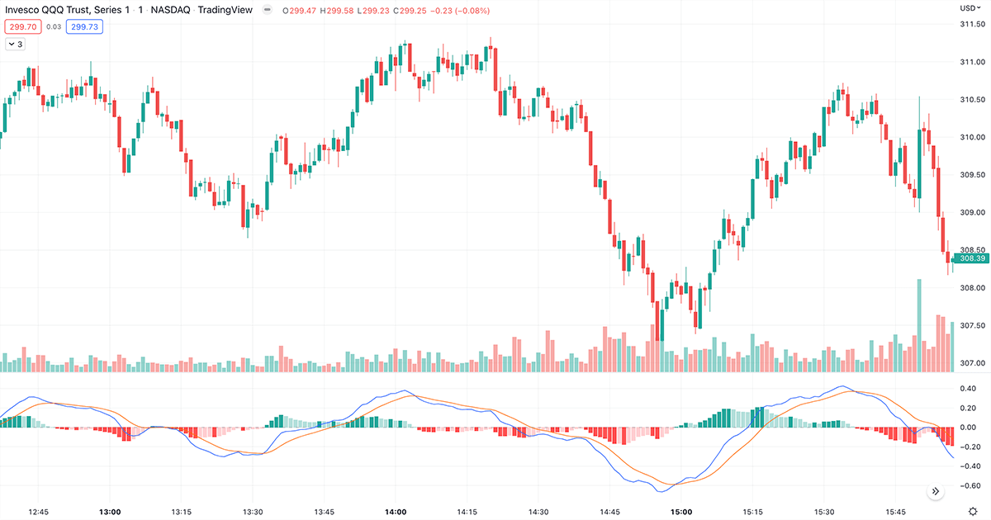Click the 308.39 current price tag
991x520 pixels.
click(x=970, y=258)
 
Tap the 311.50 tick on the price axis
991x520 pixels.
click(x=971, y=24)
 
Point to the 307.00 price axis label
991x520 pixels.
click(x=971, y=363)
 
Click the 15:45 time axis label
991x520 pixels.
click(x=896, y=512)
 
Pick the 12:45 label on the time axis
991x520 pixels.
click(x=38, y=512)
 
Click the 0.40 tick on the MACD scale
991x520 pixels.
click(x=968, y=388)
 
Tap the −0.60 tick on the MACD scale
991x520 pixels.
click(x=966, y=485)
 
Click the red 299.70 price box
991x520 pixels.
click(x=23, y=26)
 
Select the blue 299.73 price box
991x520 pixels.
click(x=85, y=26)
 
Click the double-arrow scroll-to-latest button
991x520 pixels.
click(x=936, y=491)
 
